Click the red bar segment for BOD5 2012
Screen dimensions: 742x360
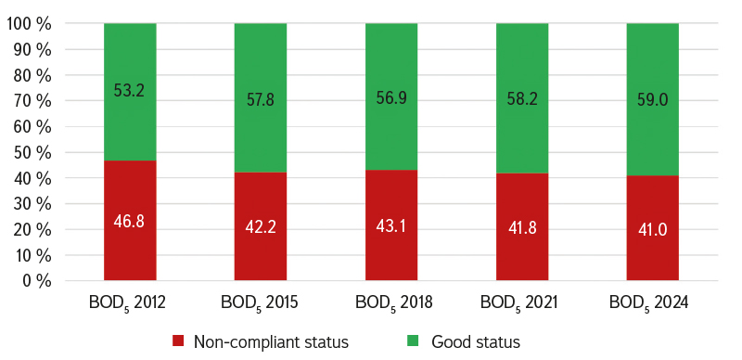130,220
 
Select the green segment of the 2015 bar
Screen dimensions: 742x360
261,97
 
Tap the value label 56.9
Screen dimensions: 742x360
390,98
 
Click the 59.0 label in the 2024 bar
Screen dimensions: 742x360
653,100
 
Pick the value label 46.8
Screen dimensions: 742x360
129,221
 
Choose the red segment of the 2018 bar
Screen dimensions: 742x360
391,225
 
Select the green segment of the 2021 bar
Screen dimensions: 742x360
522,98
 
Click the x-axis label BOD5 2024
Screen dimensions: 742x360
648,303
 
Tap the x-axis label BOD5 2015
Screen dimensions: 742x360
260,303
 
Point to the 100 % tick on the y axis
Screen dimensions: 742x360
29,24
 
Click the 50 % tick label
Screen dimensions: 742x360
32,152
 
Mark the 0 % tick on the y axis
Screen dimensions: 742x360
36,281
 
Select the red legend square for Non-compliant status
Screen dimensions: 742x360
178,341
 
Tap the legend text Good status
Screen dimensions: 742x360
476,341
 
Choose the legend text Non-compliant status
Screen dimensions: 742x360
271,342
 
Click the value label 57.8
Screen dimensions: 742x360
261,100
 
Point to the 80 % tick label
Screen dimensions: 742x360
32,75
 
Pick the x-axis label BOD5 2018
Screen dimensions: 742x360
393,303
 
